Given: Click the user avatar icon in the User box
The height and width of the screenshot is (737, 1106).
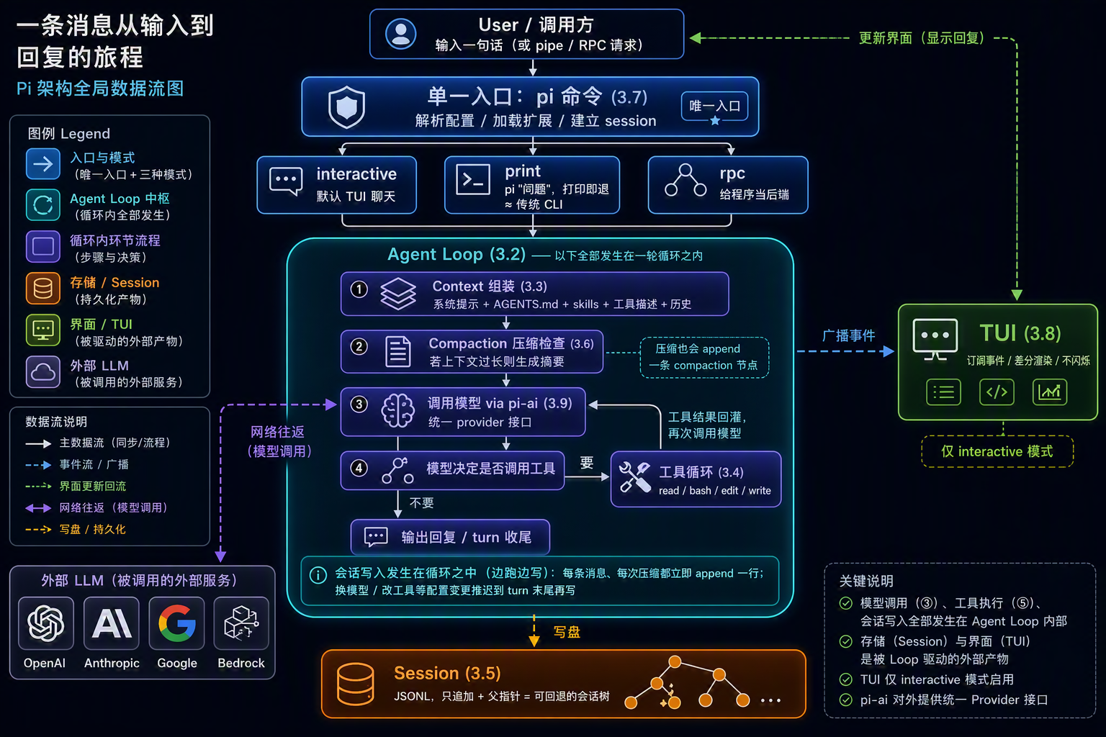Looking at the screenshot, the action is click(400, 34).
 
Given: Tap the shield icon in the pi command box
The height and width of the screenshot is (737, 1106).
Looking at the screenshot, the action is click(346, 107).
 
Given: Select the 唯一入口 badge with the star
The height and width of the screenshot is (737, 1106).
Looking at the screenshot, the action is click(714, 107).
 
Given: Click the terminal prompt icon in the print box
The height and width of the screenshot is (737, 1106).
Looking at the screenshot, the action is click(472, 180).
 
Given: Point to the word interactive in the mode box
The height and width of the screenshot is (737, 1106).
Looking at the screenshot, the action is click(356, 173).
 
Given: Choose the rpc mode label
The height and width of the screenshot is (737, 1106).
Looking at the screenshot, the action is click(732, 173).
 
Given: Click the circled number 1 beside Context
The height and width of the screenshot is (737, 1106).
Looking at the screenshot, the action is click(359, 289).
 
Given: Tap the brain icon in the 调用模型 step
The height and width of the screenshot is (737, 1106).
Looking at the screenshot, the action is click(397, 410).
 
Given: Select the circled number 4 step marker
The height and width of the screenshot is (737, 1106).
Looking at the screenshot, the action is click(359, 468).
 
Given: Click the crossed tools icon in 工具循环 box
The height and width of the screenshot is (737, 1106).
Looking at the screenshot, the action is click(635, 477).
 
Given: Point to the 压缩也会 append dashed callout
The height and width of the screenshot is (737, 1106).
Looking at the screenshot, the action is click(705, 358).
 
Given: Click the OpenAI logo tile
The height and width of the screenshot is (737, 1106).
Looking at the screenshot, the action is click(46, 623).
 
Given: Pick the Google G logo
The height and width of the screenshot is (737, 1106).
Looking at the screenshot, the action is click(176, 623).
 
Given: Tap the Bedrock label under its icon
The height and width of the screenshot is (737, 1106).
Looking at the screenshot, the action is click(241, 663).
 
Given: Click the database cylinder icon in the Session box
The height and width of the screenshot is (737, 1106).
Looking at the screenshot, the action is click(355, 684).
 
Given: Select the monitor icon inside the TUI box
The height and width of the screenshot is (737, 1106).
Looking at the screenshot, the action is click(935, 339).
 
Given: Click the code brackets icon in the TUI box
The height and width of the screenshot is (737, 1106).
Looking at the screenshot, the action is click(997, 392).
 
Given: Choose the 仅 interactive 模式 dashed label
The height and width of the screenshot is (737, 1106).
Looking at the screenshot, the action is click(997, 451).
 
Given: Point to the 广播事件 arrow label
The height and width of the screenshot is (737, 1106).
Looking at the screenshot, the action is click(848, 335).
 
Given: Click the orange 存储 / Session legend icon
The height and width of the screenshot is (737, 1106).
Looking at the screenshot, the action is click(43, 289).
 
